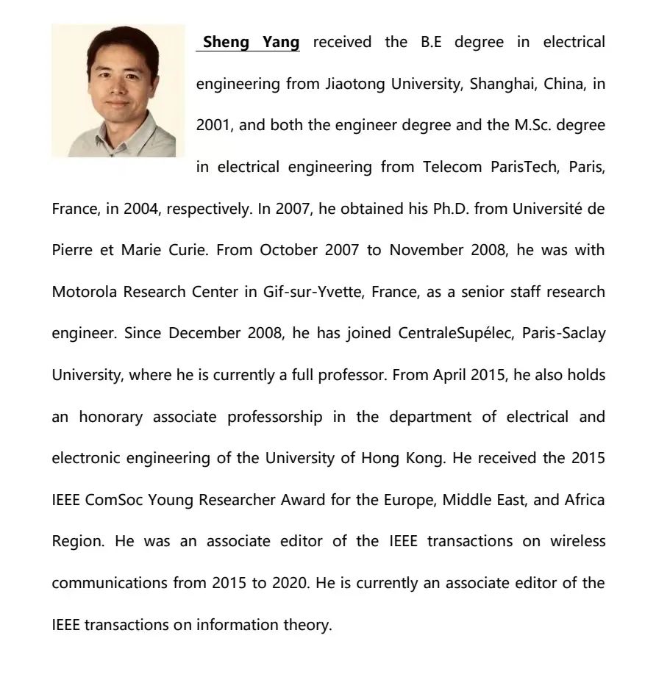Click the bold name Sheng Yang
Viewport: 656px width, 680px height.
point(251,42)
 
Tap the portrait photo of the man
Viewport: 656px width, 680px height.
point(118,90)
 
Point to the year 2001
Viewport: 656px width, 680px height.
point(213,125)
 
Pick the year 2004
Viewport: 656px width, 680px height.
point(141,209)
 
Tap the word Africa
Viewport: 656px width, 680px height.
point(584,500)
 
